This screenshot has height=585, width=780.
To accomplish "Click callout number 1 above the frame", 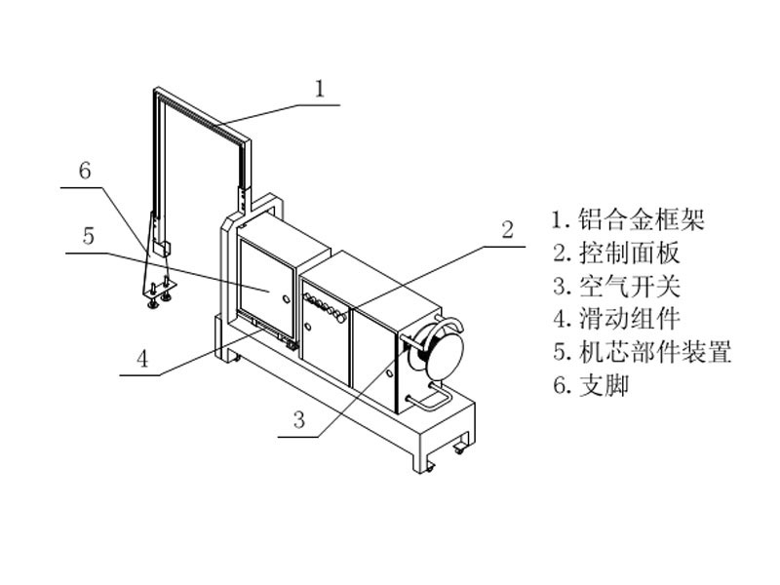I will coord(320,88).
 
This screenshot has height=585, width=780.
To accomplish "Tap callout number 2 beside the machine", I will coord(507,230).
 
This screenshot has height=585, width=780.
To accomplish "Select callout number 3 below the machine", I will coord(299,420).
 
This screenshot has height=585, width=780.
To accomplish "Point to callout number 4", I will coord(142,358).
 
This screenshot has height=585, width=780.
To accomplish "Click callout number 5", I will coord(88,236).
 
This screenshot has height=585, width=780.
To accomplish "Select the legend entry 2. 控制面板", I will coord(615,253).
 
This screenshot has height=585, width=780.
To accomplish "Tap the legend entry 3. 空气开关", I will coord(615,286).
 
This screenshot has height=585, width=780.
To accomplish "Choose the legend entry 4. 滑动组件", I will coord(615,318).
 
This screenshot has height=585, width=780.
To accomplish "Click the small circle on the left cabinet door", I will coord(284,298).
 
